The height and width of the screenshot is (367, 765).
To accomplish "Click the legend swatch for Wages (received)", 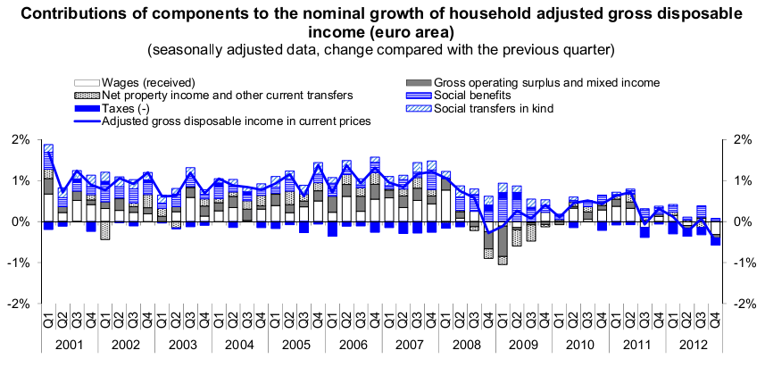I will (86, 81).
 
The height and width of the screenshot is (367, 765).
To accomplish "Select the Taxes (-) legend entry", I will (86, 108).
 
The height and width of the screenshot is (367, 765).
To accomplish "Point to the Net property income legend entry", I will (86, 95).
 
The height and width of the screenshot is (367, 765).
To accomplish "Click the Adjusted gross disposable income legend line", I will (86, 121).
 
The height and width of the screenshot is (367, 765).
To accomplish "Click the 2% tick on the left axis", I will (20, 139).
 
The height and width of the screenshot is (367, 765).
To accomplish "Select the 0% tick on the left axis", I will (20, 221).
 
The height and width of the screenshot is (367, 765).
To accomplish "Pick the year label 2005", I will (295, 345).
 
